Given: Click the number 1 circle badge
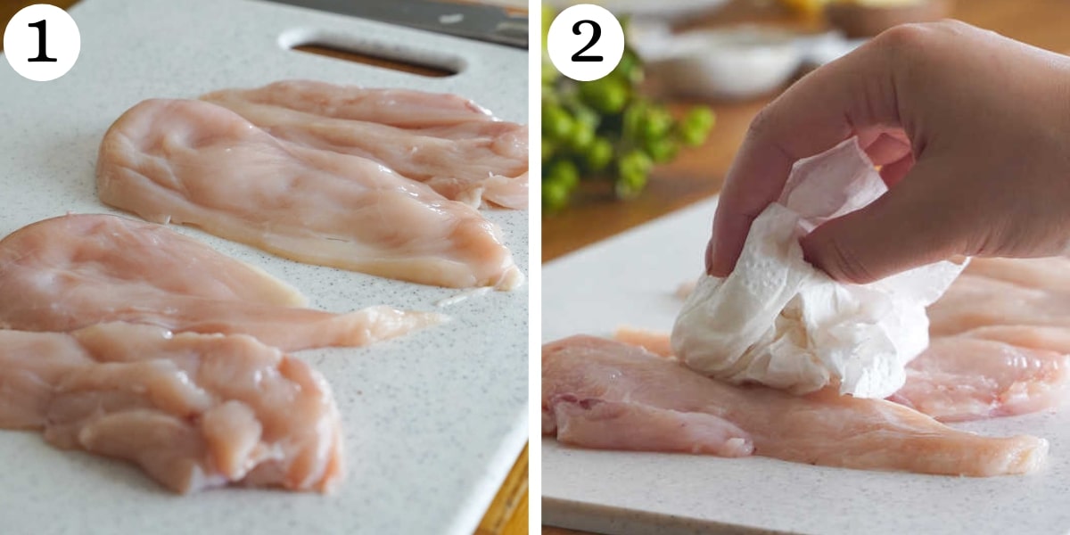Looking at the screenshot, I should tap(42, 42).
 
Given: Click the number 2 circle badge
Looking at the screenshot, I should tap(585, 42).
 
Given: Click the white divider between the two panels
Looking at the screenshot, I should tap(535, 267).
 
